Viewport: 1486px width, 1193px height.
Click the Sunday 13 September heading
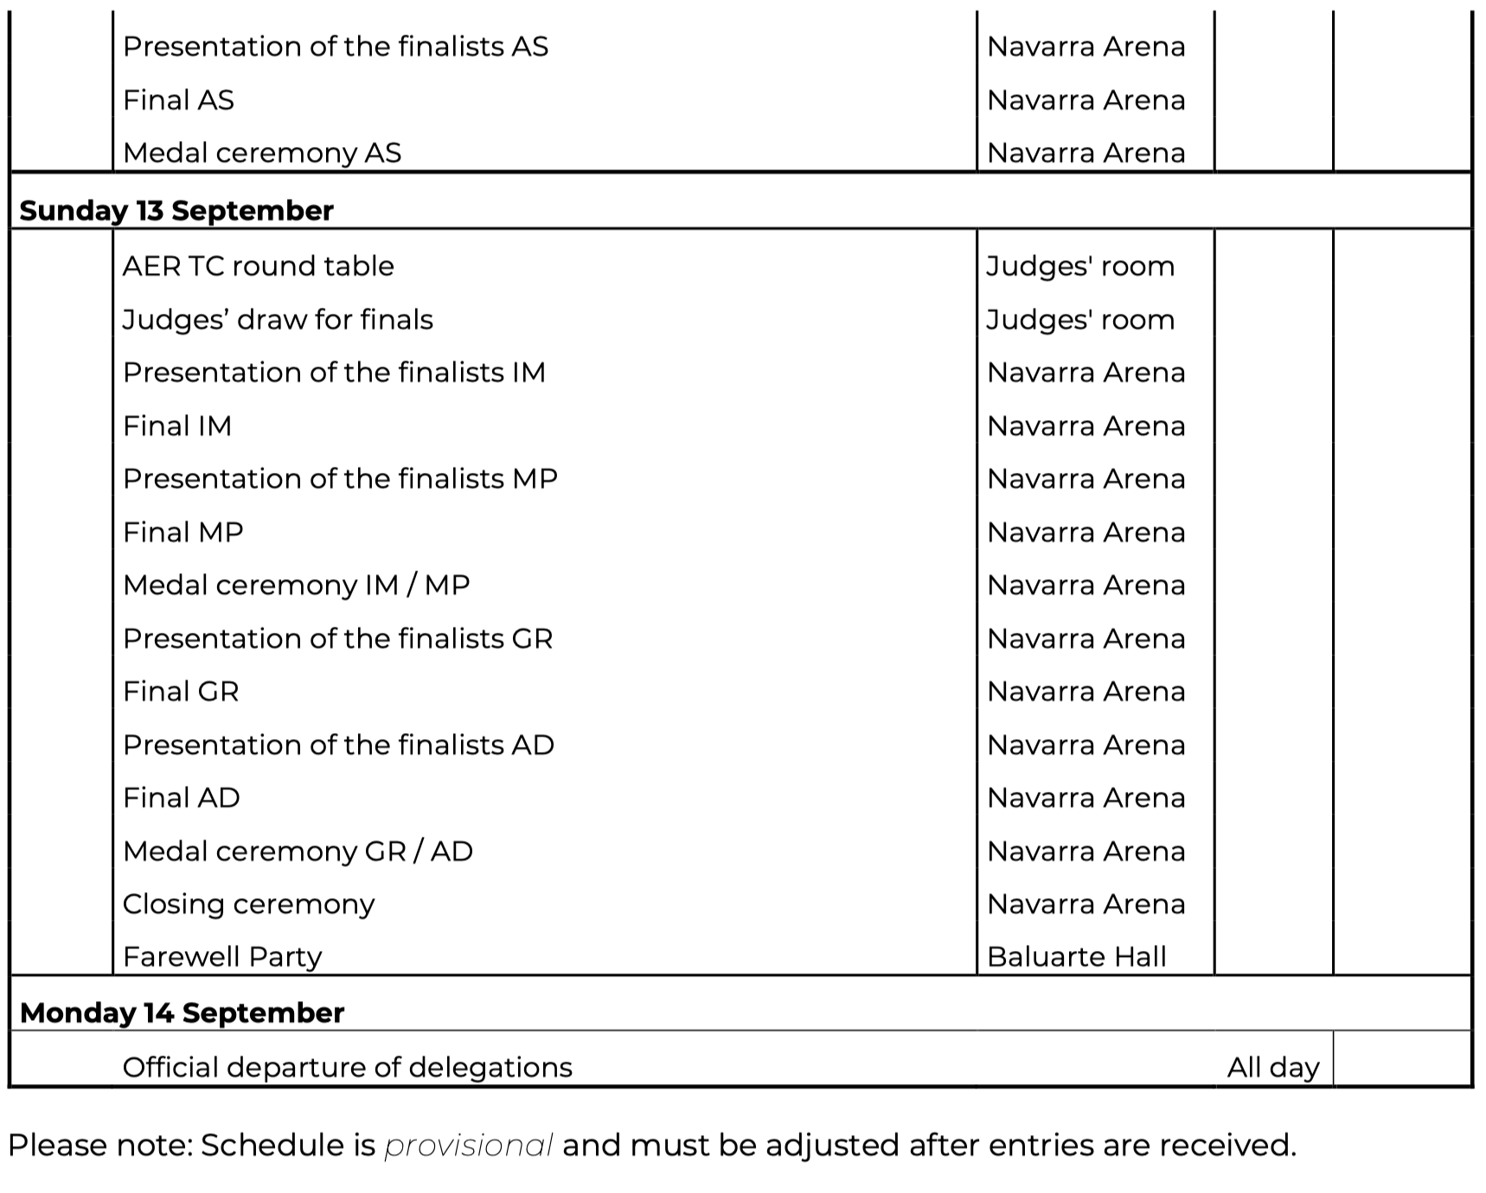tap(176, 211)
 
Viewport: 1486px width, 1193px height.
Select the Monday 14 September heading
tap(182, 1012)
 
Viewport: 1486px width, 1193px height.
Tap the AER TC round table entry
tap(258, 266)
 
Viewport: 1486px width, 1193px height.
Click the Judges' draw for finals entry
tap(278, 320)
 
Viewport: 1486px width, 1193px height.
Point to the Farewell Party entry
tap(222, 957)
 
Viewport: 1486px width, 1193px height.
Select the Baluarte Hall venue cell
tap(1076, 957)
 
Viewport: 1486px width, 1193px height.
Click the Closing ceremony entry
tap(248, 904)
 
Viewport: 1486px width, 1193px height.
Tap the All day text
tap(1272, 1068)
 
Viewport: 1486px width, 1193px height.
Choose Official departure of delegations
tap(347, 1068)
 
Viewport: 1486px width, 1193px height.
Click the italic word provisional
tap(468, 1145)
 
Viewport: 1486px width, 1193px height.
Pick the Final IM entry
tap(177, 426)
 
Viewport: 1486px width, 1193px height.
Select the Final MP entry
tap(183, 533)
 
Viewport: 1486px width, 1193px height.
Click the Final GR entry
tap(181, 692)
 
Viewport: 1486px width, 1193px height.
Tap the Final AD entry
tap(182, 798)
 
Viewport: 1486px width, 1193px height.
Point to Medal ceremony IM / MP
tap(296, 585)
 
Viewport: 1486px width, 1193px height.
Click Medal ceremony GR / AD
tap(298, 852)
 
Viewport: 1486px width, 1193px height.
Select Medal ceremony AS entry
tap(262, 153)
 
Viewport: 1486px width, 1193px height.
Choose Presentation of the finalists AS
tap(336, 47)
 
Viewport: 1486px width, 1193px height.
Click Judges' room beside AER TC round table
tap(1080, 266)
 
